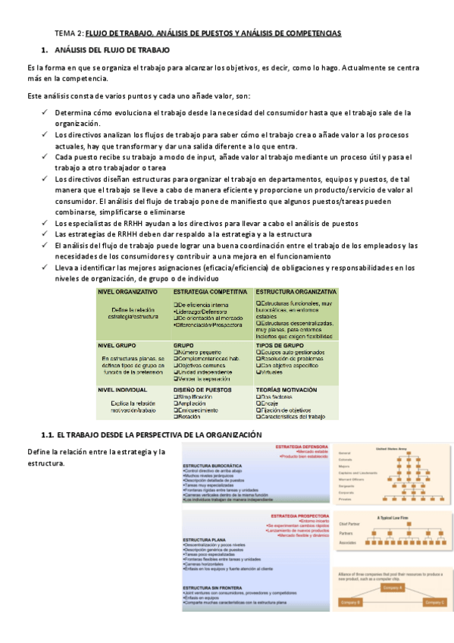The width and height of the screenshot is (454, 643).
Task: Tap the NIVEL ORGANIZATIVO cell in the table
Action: pyautogui.click(x=127, y=291)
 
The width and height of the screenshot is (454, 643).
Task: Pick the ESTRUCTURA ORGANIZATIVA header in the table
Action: pyautogui.click(x=296, y=291)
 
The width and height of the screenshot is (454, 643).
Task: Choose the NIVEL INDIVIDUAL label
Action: pyautogui.click(x=122, y=389)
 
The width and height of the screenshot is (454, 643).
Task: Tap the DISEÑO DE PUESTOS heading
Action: pyautogui.click(x=204, y=389)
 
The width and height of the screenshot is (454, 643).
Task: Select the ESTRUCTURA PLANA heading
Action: pyautogui.click(x=202, y=539)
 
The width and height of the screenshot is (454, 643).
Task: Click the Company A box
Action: pyautogui.click(x=393, y=588)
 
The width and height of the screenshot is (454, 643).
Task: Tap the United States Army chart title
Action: pyautogui.click(x=392, y=447)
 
